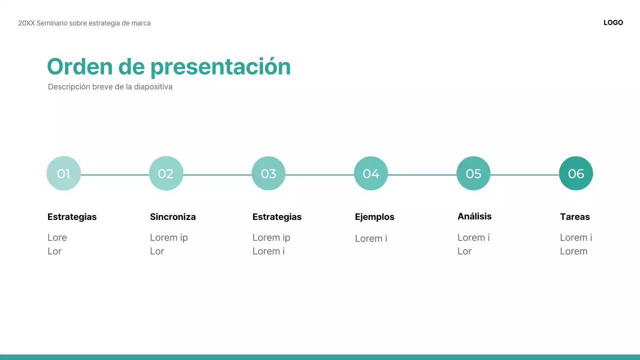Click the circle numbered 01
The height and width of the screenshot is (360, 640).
click(63, 173)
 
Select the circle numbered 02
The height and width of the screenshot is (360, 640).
click(166, 173)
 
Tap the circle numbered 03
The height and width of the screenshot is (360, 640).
click(268, 173)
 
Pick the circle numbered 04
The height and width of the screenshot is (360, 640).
click(371, 173)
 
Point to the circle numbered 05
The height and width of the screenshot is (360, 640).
click(473, 173)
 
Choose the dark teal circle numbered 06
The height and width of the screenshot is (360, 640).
click(576, 173)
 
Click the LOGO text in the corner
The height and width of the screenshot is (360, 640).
click(613, 22)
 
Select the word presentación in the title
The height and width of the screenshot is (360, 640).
click(220, 67)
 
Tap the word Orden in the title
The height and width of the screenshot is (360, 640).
click(80, 67)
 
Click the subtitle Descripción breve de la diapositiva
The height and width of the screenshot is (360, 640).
click(110, 87)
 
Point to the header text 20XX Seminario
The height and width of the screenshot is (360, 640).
click(84, 23)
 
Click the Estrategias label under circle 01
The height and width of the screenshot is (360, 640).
click(72, 217)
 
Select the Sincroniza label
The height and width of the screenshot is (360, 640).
click(172, 217)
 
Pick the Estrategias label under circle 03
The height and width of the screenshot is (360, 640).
click(277, 217)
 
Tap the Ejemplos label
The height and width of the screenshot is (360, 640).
click(374, 217)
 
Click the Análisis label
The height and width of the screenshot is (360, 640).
click(474, 216)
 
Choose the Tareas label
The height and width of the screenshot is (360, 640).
click(575, 217)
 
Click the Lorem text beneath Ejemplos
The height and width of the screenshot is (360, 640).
click(371, 238)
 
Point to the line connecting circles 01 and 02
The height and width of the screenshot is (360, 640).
click(115, 175)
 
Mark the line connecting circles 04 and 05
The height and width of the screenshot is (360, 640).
click(422, 175)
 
